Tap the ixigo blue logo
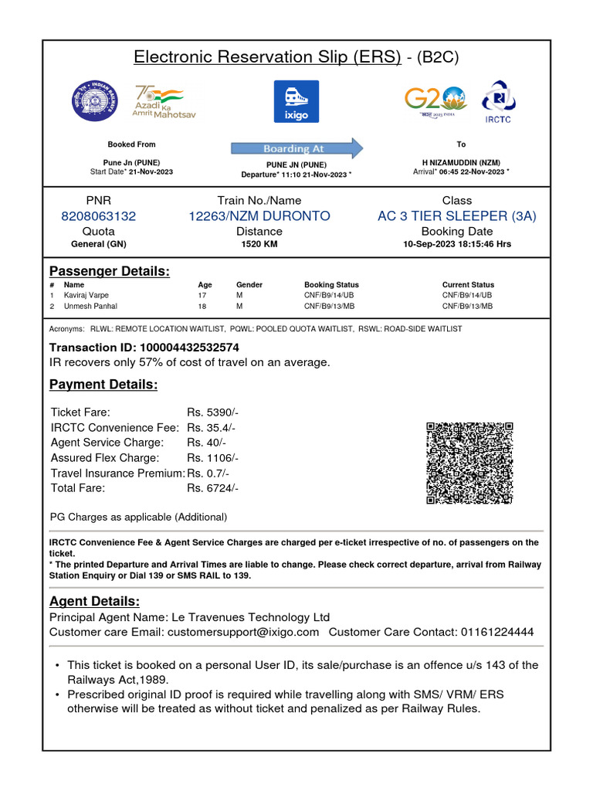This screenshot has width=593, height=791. click(296, 101)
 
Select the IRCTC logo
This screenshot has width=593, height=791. click(499, 101)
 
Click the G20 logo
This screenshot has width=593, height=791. click(435, 100)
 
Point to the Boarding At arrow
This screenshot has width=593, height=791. click(296, 148)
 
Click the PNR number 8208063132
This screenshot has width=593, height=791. click(98, 216)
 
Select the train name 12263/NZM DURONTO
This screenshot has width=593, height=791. click(259, 216)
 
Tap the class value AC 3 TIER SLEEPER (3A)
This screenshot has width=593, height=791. click(457, 216)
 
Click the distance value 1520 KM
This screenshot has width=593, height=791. click(259, 244)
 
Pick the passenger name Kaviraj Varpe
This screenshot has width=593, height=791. click(87, 295)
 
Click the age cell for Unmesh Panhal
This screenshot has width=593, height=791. click(204, 306)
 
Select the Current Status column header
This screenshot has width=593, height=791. click(468, 285)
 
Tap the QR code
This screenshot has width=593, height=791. click(469, 463)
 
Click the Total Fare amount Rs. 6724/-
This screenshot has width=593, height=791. click(212, 488)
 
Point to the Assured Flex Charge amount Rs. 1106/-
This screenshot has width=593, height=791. click(212, 458)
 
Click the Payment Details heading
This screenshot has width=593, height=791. click(103, 385)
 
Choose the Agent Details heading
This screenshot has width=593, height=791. click(94, 601)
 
